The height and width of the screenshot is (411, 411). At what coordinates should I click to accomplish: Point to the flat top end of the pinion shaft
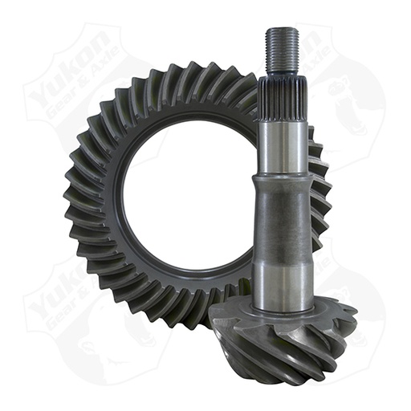click(282, 30)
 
